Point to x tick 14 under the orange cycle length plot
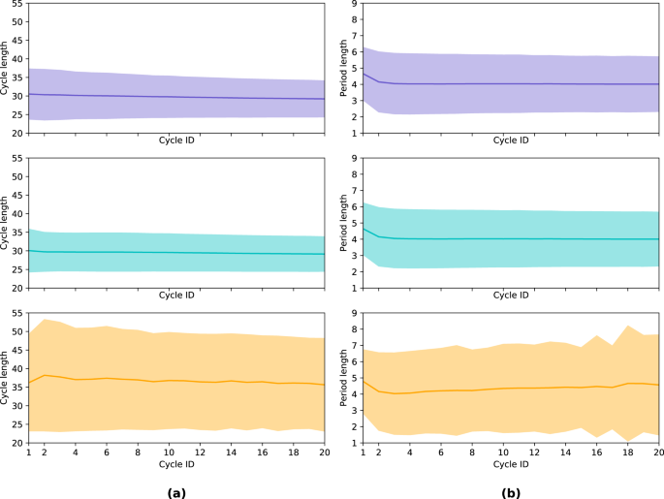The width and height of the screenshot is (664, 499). click(x=232, y=452)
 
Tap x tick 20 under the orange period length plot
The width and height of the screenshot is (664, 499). click(x=658, y=452)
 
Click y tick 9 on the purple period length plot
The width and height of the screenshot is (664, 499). click(x=354, y=4)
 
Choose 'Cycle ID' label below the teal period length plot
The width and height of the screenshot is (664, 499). click(x=511, y=295)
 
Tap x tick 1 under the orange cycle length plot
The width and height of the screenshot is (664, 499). click(x=28, y=452)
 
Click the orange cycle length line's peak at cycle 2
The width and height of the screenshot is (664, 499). click(x=44, y=375)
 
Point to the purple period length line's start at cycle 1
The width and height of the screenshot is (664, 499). click(x=363, y=73)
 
